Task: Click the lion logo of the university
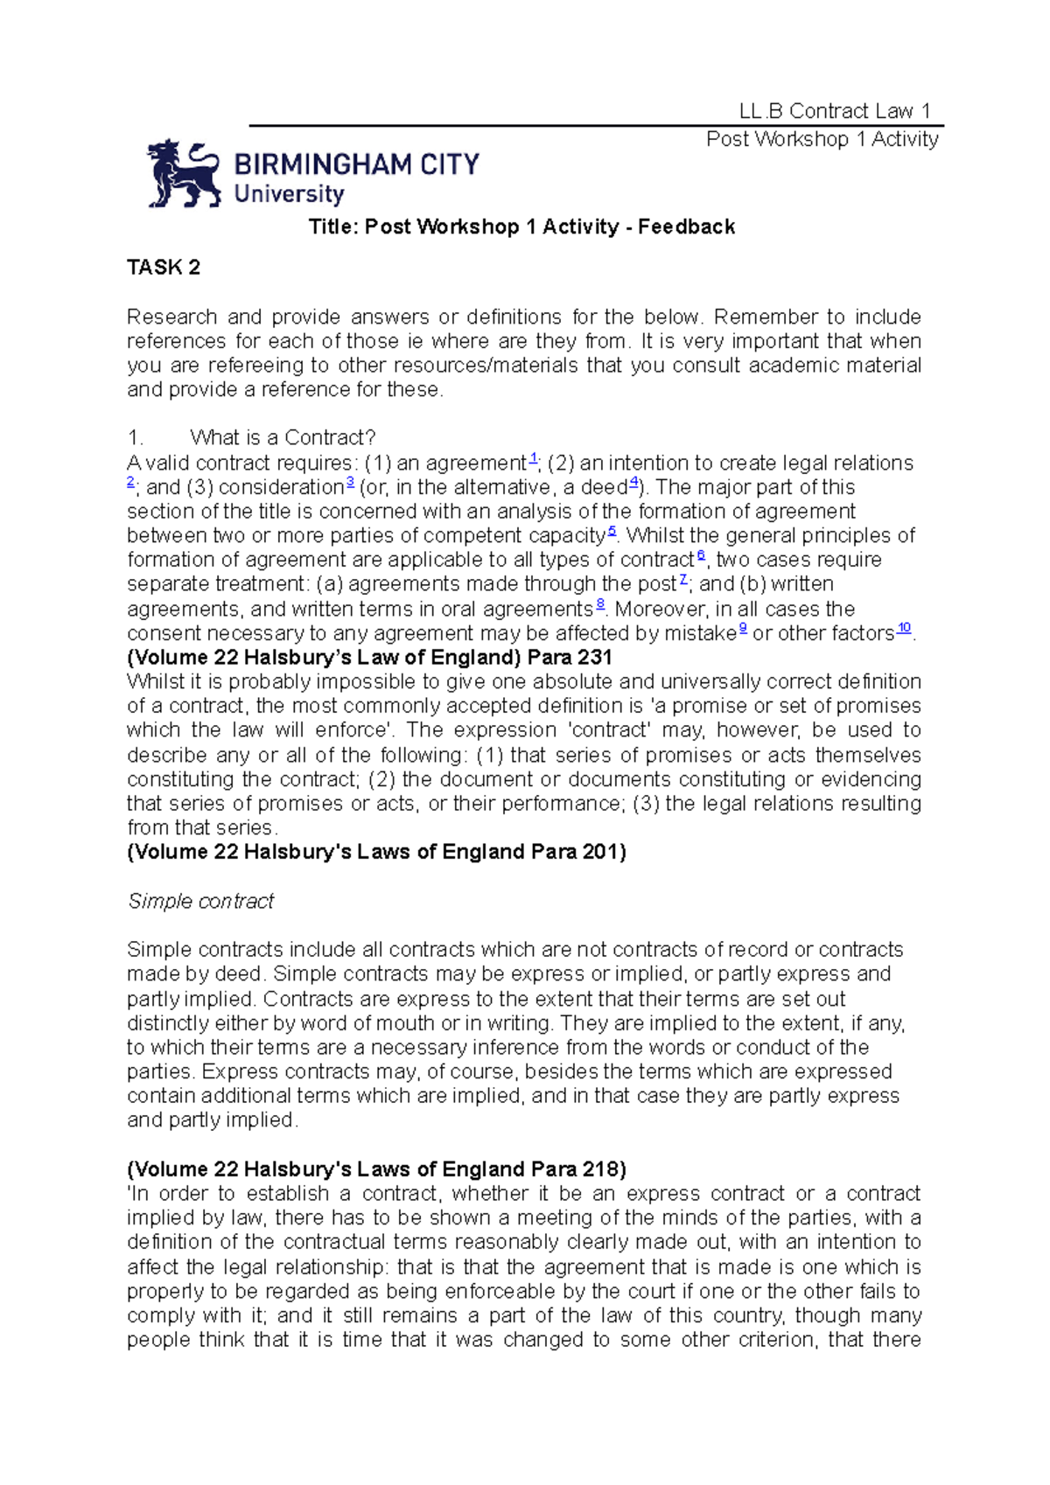tap(183, 173)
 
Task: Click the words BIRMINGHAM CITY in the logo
tap(356, 164)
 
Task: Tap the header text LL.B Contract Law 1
tap(834, 111)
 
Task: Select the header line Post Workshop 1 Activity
tap(822, 139)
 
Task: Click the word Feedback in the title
tap(686, 227)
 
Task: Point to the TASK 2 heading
tap(164, 268)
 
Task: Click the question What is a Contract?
tap(283, 437)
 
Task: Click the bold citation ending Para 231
tap(369, 658)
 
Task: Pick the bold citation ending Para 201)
tap(376, 852)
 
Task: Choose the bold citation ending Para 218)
tap(376, 1169)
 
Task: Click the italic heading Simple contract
tap(201, 901)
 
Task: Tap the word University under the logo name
tap(289, 194)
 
